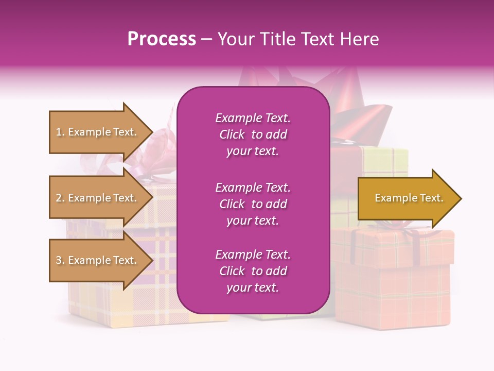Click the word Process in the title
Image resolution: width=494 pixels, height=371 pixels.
click(x=162, y=39)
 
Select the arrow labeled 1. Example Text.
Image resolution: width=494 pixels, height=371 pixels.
click(x=98, y=132)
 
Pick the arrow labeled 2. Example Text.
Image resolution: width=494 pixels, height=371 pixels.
click(x=98, y=198)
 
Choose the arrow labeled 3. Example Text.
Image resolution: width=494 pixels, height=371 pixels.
click(x=98, y=260)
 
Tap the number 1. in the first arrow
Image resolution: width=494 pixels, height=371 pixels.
click(x=60, y=132)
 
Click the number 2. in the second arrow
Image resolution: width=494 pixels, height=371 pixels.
click(x=60, y=198)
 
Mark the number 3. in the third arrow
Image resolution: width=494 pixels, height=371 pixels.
click(x=60, y=260)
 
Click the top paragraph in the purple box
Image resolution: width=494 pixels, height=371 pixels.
click(x=253, y=134)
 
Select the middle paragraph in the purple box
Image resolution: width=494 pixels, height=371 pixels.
click(x=253, y=204)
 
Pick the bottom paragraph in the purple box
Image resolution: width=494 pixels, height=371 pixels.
click(x=253, y=271)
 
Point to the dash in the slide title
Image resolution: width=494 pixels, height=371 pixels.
click(x=206, y=39)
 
